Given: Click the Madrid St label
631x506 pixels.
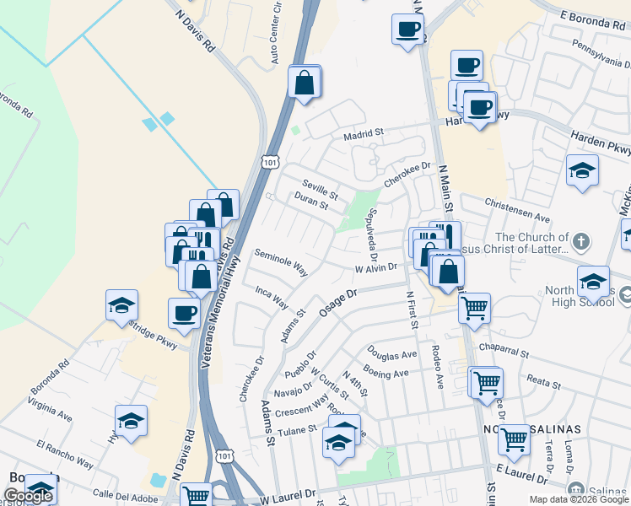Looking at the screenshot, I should (364, 133).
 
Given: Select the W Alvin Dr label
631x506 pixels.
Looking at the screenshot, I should (375, 267).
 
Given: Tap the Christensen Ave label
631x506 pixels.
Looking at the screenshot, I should (517, 209).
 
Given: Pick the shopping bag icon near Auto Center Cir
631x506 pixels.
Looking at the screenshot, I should (304, 82).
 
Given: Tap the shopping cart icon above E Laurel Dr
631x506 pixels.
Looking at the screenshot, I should (514, 439).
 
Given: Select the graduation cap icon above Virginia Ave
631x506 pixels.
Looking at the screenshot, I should (131, 420).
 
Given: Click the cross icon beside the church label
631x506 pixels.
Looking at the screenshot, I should (580, 243).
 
